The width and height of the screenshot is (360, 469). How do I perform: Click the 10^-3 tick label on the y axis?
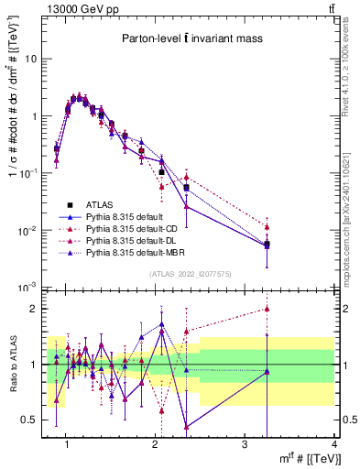(x=27, y=288)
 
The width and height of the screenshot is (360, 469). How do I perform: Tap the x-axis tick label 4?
(x=334, y=444)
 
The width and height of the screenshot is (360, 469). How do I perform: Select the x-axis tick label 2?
(x=156, y=444)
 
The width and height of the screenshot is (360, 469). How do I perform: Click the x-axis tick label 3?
(x=245, y=444)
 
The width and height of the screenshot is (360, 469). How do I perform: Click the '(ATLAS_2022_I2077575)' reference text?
(x=191, y=274)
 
